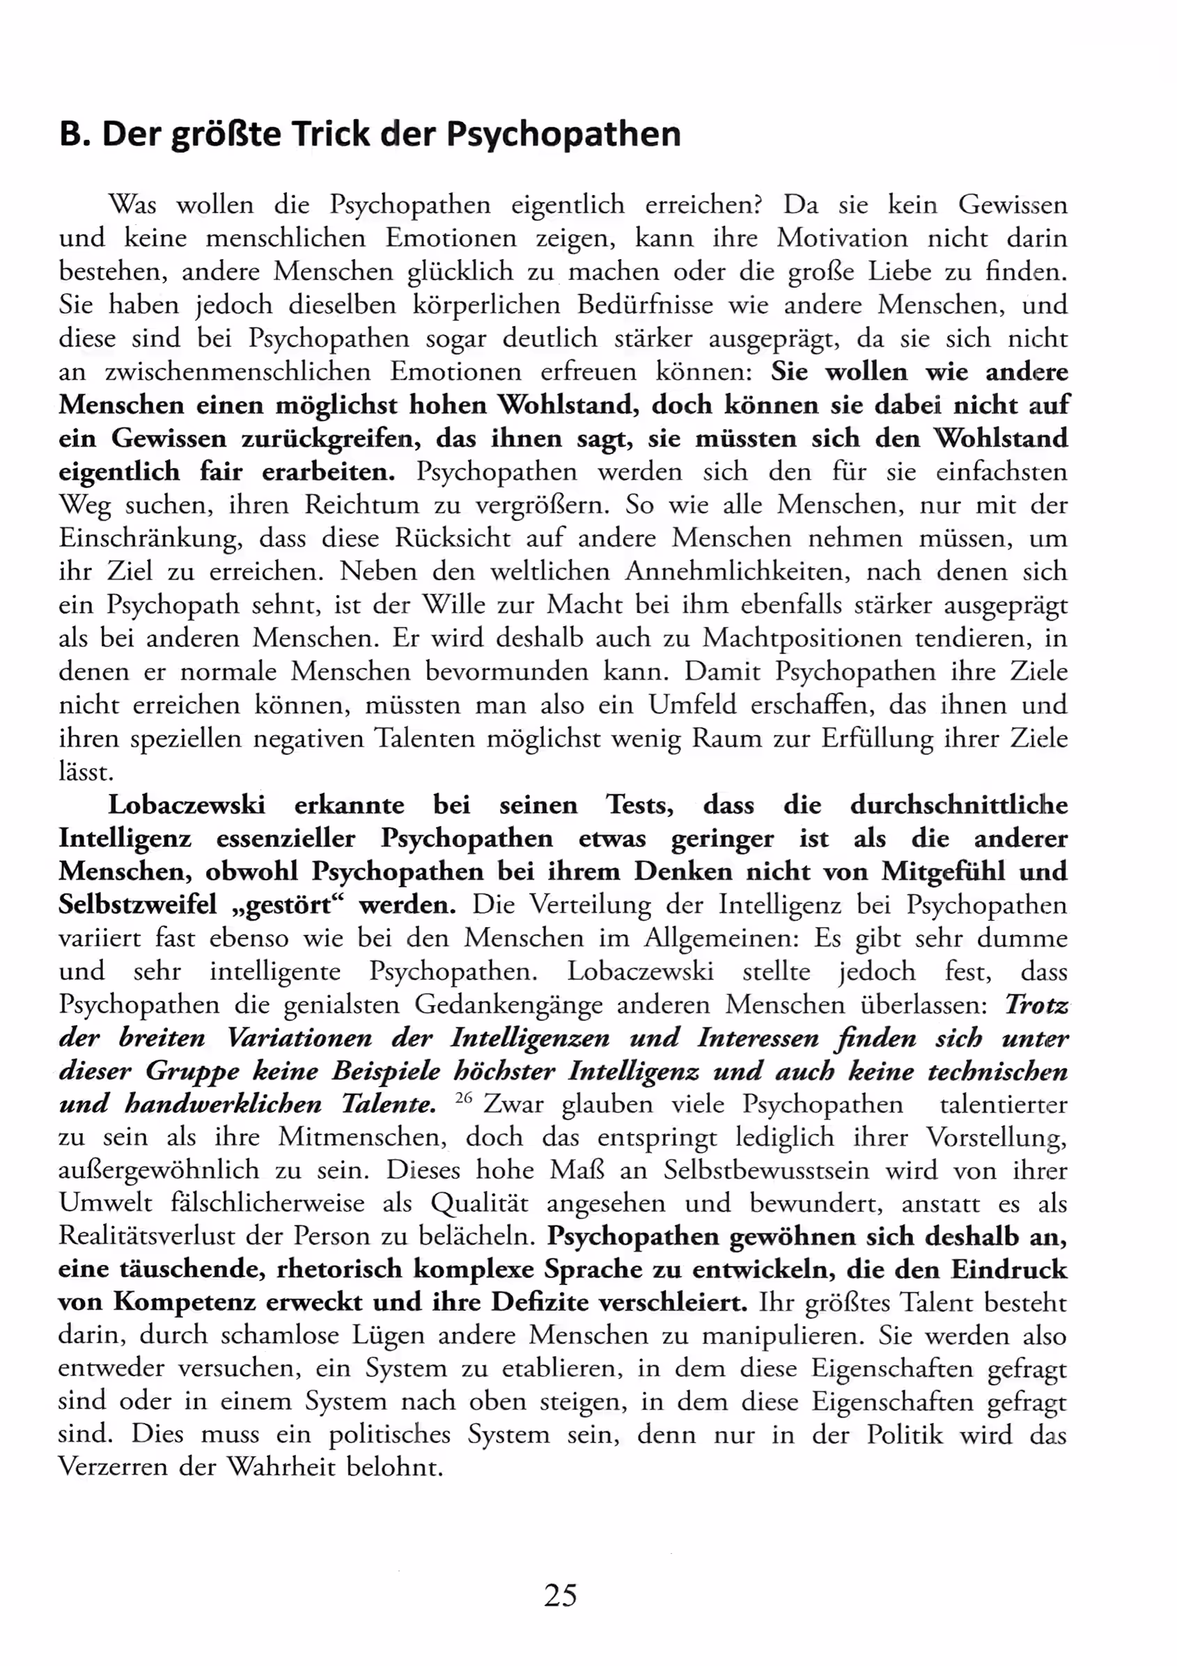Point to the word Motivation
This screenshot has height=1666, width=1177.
843,238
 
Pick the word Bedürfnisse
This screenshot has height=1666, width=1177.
645,305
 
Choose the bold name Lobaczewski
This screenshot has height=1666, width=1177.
187,805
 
